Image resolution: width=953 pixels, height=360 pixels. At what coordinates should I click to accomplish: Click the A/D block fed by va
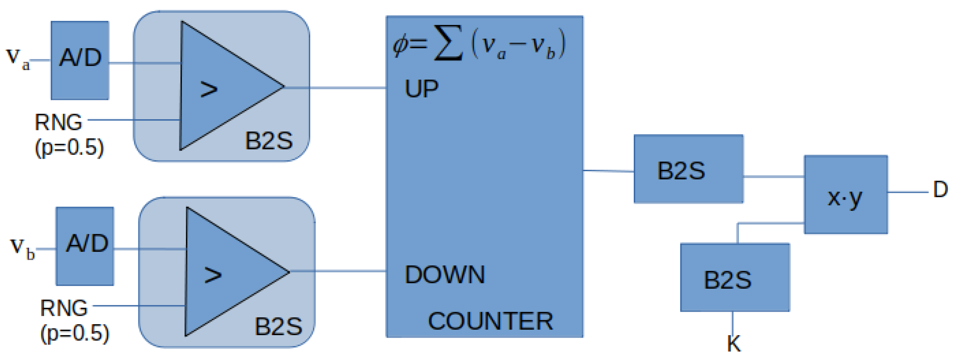[x=80, y=60]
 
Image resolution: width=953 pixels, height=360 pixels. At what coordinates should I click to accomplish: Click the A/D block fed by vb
[x=85, y=246]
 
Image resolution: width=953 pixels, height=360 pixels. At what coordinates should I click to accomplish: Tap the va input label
[x=18, y=59]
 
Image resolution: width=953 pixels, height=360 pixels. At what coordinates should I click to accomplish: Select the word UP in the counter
[x=421, y=89]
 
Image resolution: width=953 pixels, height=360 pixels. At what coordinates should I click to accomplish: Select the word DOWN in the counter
[x=445, y=275]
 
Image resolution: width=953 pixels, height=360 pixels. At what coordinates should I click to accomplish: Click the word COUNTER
[x=490, y=321]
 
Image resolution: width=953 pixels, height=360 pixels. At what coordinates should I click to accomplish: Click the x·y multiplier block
[x=846, y=195]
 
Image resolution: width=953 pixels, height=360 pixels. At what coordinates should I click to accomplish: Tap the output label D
[x=940, y=190]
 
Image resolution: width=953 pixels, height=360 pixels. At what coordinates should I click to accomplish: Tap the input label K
[x=734, y=343]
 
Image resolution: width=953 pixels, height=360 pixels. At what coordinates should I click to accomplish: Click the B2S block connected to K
[x=735, y=277]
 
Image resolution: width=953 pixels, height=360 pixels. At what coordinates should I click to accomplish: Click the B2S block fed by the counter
[x=689, y=169]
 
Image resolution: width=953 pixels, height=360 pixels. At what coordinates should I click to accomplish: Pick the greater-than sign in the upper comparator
[x=209, y=89]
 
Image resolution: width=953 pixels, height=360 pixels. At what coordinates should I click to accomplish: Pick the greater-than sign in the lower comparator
[x=213, y=275]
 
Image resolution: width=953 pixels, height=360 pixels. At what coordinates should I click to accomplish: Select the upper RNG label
[x=58, y=123]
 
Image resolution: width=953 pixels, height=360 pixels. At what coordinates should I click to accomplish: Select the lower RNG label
[x=64, y=308]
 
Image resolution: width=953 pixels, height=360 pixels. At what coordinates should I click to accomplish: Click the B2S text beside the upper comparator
[x=269, y=141]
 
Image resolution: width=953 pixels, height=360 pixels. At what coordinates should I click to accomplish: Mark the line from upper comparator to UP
[x=335, y=88]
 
